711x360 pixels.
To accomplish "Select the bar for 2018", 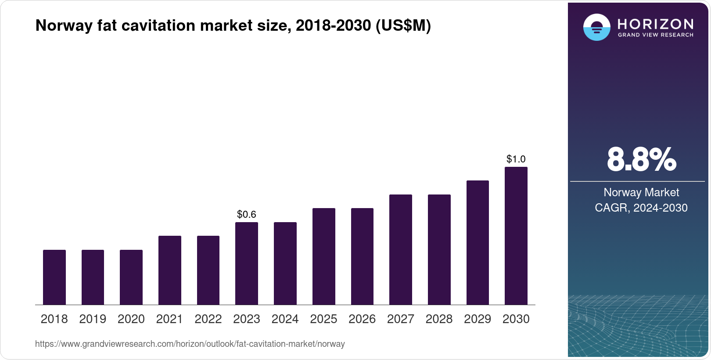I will click(x=54, y=277).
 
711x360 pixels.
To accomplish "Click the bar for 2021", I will click(x=170, y=270).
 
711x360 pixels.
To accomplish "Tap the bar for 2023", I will click(x=247, y=263).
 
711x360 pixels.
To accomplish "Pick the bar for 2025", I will click(x=324, y=256).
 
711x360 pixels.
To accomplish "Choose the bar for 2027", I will click(x=401, y=249).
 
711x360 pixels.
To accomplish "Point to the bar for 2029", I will click(x=478, y=242).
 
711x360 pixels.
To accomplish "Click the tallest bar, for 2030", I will click(x=516, y=236).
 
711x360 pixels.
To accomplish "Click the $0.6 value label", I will click(x=247, y=214).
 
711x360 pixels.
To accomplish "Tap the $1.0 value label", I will click(x=516, y=159).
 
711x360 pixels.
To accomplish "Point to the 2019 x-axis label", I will click(x=93, y=319).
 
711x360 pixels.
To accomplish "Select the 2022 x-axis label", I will click(x=208, y=319).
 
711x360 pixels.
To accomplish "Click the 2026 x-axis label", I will click(x=362, y=319).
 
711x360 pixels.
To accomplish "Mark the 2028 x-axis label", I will click(x=439, y=319).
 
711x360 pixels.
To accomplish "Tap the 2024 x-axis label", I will click(x=285, y=319).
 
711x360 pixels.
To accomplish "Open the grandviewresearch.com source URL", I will click(x=190, y=344).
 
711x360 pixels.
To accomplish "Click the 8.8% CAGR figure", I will click(x=641, y=160).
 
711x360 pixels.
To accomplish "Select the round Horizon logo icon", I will click(x=596, y=27).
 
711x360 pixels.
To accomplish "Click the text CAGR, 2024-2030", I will click(x=641, y=208).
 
